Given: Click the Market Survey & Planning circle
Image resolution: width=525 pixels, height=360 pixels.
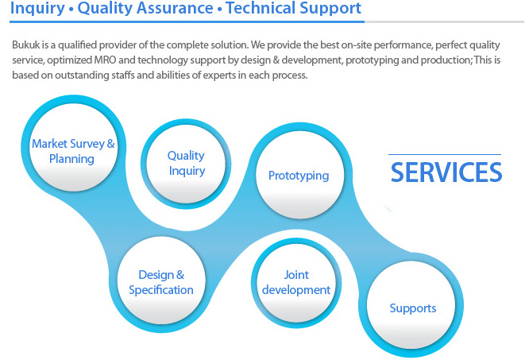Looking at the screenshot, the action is (x=73, y=147).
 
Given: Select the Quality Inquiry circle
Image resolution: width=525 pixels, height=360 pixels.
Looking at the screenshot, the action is (x=186, y=164).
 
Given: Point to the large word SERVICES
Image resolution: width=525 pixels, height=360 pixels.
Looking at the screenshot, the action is (x=446, y=172).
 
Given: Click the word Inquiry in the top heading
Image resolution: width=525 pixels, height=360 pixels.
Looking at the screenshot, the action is (x=37, y=8).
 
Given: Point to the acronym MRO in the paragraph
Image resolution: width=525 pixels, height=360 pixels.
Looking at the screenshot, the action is (x=105, y=60).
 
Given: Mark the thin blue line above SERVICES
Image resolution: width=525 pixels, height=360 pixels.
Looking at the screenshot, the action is (x=445, y=154).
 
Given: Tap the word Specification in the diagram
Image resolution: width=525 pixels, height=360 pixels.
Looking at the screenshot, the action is (x=161, y=290).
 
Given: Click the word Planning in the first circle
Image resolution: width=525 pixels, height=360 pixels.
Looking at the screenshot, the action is (x=71, y=159).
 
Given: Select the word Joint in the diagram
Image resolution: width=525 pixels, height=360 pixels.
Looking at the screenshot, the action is (x=296, y=275).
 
